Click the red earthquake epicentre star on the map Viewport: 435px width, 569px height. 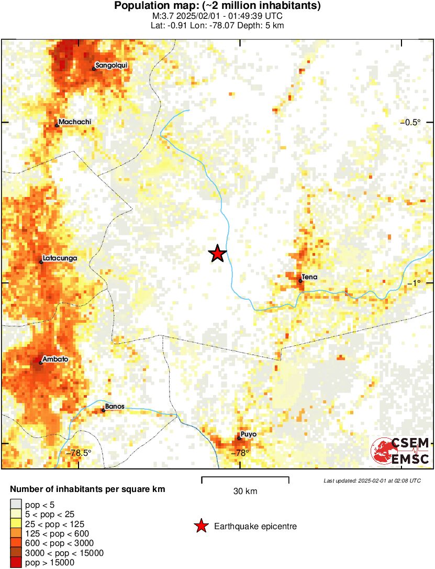coord(217,254)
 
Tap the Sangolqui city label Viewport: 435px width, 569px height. coord(111,65)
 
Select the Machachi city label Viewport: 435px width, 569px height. coord(75,122)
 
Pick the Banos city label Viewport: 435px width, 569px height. coord(115,406)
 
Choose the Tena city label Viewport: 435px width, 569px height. coord(310,277)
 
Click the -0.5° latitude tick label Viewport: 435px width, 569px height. coord(411,123)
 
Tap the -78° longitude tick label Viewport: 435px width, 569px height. coord(240,453)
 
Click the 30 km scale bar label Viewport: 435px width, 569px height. coord(245,491)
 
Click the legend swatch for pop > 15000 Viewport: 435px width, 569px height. coord(16,562)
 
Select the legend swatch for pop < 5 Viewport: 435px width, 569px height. coord(16,505)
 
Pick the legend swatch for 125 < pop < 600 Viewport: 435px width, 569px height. coord(16,533)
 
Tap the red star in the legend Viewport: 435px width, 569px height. coord(200,526)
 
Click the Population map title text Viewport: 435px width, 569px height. coord(217,6)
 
